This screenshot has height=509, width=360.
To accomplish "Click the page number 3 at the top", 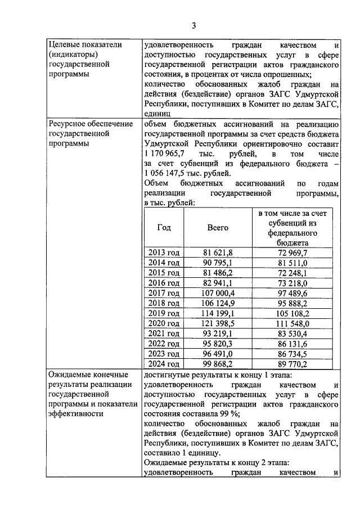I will pyautogui.click(x=193, y=25).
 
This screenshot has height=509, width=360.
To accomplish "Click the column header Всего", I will pyautogui.click(x=218, y=228).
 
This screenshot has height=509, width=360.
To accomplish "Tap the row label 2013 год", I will pyautogui.click(x=164, y=253).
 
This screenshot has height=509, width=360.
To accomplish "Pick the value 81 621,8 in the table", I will pyautogui.click(x=218, y=253).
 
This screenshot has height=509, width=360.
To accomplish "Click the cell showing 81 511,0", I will pyautogui.click(x=292, y=263).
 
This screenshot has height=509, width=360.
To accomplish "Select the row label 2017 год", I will pyautogui.click(x=164, y=293).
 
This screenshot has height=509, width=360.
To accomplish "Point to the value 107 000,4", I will pyautogui.click(x=218, y=293).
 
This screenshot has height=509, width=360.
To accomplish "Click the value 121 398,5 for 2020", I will pyautogui.click(x=218, y=323).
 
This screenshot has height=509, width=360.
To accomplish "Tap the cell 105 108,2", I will pyautogui.click(x=292, y=313).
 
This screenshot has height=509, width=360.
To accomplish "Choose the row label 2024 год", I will pyautogui.click(x=164, y=364).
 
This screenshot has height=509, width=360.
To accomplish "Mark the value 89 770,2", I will pyautogui.click(x=292, y=364).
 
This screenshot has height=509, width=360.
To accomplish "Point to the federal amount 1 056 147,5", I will pyautogui.click(x=169, y=173).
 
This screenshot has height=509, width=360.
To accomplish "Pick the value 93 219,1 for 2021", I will pyautogui.click(x=218, y=334).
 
